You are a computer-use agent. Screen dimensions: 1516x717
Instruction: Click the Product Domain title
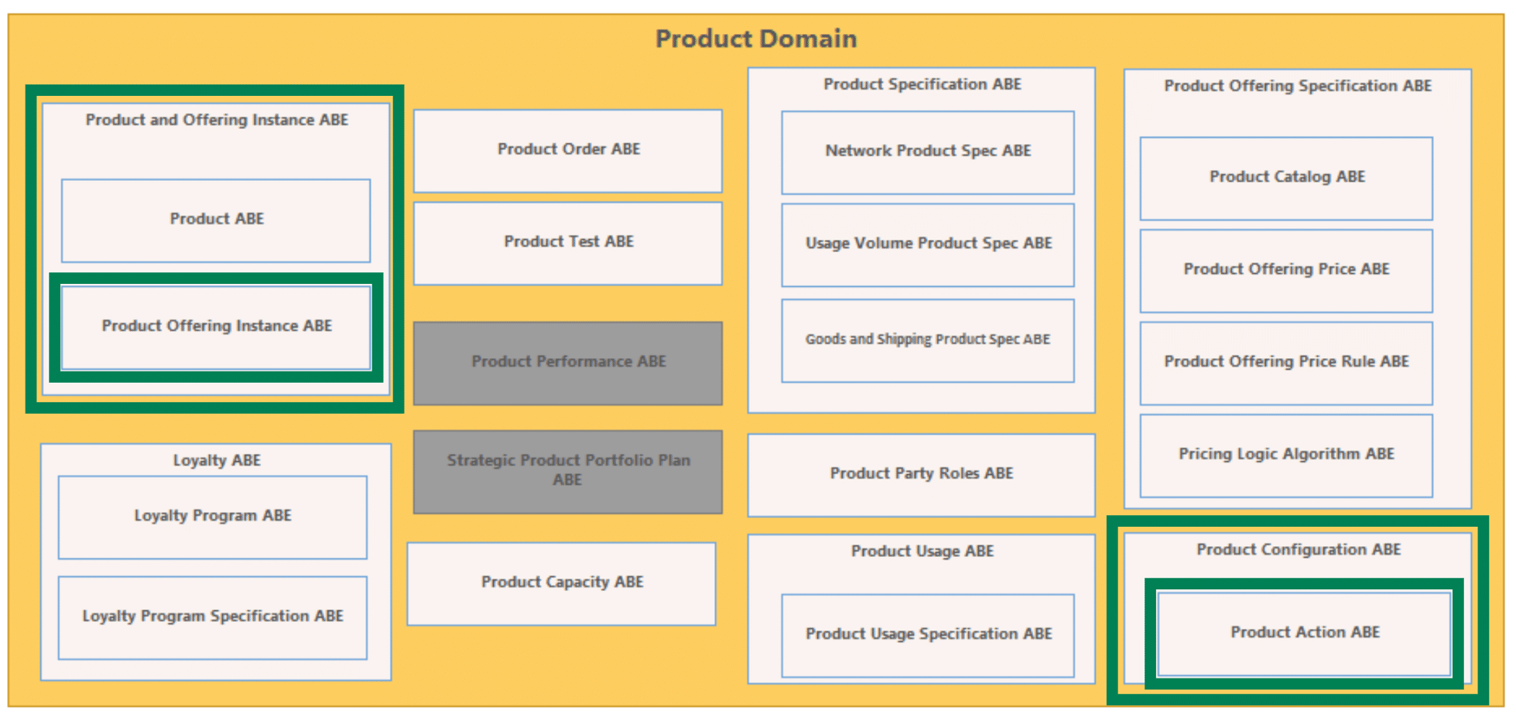point(756,39)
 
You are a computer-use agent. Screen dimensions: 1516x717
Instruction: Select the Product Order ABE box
point(568,151)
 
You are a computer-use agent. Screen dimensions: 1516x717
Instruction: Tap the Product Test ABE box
point(568,244)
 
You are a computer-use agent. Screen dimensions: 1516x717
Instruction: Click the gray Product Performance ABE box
point(568,364)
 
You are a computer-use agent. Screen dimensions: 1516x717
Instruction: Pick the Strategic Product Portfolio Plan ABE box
point(568,472)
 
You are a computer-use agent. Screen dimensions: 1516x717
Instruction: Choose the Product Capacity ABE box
point(562,584)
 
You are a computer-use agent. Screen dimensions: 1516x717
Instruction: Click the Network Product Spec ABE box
point(928,152)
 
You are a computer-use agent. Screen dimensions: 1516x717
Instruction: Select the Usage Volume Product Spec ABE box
point(928,245)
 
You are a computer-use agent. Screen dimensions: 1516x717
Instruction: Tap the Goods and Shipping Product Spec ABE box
point(928,341)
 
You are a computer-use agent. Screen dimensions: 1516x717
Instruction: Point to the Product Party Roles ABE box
point(922,475)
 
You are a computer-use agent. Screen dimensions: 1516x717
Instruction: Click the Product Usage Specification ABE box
point(928,636)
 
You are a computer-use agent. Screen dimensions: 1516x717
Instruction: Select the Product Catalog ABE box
point(1286,179)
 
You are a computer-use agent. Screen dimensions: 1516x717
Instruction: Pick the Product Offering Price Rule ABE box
point(1286,364)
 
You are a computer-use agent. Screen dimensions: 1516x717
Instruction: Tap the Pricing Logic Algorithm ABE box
point(1286,456)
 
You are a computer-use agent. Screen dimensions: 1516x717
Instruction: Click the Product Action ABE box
point(1305,633)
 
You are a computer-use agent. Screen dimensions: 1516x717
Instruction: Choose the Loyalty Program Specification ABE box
point(213,618)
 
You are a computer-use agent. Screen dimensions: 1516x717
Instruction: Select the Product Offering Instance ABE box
point(216,327)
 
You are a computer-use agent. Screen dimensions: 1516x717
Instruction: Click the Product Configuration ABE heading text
point(1299,550)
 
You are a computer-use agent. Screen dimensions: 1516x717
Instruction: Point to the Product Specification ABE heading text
point(922,84)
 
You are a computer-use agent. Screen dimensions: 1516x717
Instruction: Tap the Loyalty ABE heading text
point(217,461)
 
